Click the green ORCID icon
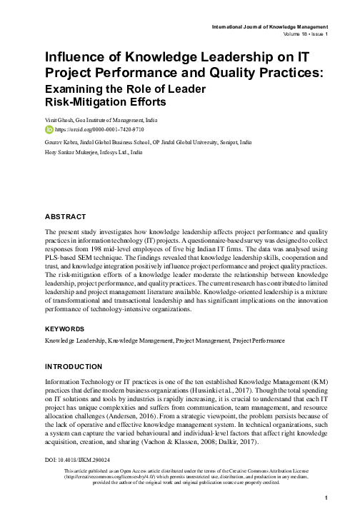coord(49,131)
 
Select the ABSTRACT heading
coord(66,216)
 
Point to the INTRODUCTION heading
coord(74,366)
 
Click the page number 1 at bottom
coord(326,498)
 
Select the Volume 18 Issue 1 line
coord(303,34)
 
